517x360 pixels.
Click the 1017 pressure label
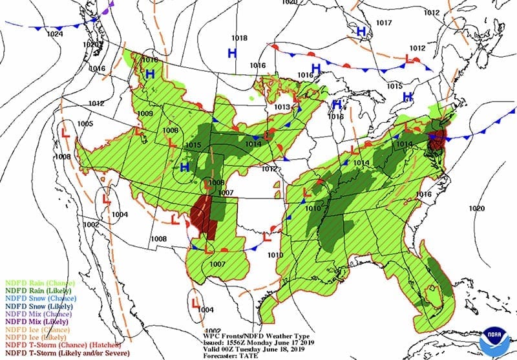pyautogui.click(x=384, y=23)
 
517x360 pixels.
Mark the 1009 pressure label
pyautogui.click(x=145, y=114)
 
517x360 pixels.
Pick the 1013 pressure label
pyautogui.click(x=282, y=107)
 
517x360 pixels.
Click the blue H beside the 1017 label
pyautogui.click(x=362, y=30)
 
